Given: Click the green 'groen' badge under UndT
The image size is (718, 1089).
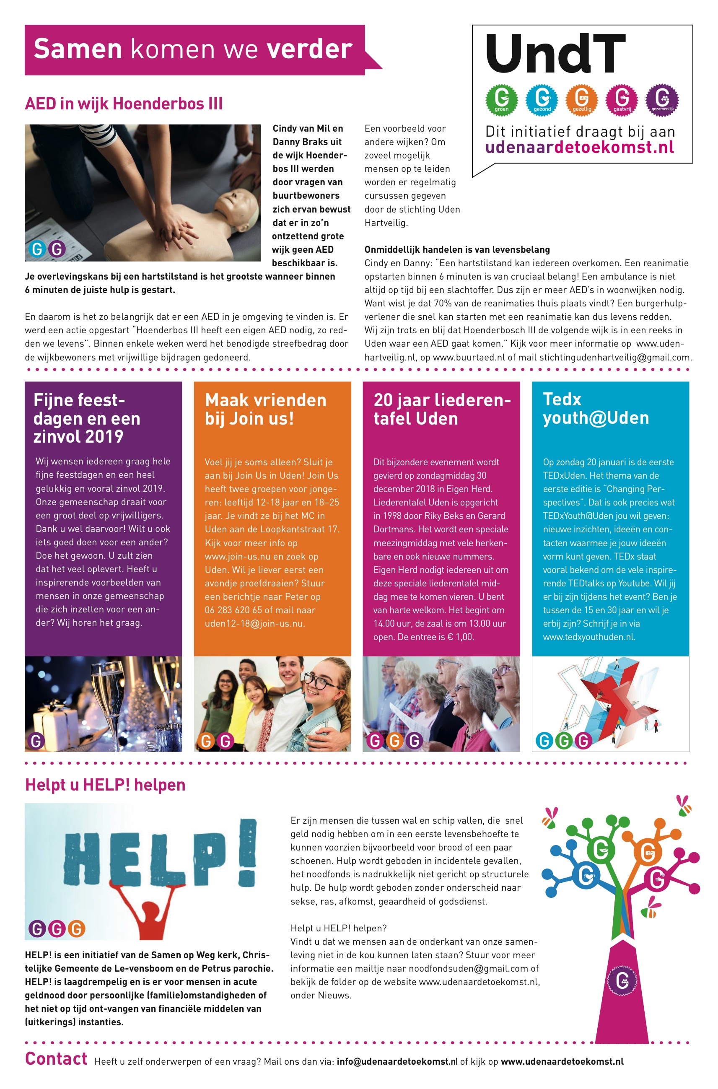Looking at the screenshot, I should pos(501,99).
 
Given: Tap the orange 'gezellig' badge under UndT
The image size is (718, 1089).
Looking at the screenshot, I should pos(581,99).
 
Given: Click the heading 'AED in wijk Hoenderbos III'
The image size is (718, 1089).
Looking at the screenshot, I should pos(124,104).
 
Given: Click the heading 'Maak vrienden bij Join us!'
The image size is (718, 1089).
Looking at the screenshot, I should pos(266,409).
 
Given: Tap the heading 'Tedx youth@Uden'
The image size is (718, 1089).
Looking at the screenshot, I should pos(595,409).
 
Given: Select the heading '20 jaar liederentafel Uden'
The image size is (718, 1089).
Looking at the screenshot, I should pos(441,409).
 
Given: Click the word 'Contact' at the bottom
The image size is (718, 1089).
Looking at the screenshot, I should pos(56,1059).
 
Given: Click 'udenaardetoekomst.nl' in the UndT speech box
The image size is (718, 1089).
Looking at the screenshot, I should pos(579,148).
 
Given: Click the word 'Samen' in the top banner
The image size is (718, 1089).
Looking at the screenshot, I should pos(78,49).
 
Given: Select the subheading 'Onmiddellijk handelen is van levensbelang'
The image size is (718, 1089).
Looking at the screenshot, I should pos(457,249).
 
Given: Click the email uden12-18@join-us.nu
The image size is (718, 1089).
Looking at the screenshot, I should pos(254,623).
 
